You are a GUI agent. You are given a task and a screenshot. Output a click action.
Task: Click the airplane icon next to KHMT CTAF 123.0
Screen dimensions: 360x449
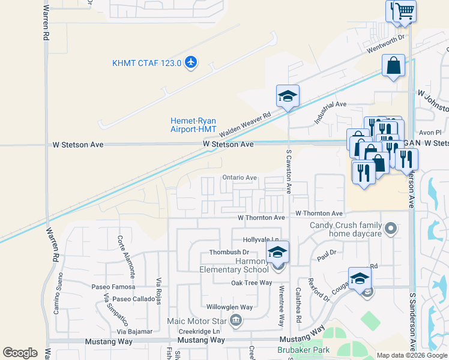pyautogui.click(x=191, y=62)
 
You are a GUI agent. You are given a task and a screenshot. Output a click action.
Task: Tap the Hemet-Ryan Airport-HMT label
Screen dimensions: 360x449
pyautogui.click(x=193, y=125)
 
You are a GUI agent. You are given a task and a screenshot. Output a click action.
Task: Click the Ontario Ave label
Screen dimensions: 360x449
pyautogui.click(x=240, y=178)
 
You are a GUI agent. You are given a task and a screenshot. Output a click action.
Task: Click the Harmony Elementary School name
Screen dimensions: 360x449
pyautogui.click(x=234, y=265)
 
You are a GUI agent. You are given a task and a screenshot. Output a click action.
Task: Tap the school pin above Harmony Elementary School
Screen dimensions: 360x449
pyautogui.click(x=277, y=252)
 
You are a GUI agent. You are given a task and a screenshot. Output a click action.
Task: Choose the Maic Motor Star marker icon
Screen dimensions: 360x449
pyautogui.click(x=236, y=319)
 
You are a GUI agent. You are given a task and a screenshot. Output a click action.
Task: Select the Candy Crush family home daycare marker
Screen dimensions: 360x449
pyautogui.click(x=391, y=228)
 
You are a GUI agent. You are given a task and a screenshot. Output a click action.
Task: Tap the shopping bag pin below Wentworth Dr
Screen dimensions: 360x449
pyautogui.click(x=393, y=67)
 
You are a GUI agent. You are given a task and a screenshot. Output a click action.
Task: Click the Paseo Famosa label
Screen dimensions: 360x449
pyautogui.click(x=109, y=287)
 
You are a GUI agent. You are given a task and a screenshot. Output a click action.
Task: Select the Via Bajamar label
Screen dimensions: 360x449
pyautogui.click(x=134, y=331)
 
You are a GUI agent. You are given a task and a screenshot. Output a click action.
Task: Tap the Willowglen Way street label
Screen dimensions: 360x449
pyautogui.click(x=228, y=307)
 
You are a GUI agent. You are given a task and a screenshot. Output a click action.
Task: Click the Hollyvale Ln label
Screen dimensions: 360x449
pyautogui.click(x=261, y=239)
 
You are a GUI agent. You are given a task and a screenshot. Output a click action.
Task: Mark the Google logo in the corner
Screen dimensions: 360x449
pyautogui.click(x=20, y=353)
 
